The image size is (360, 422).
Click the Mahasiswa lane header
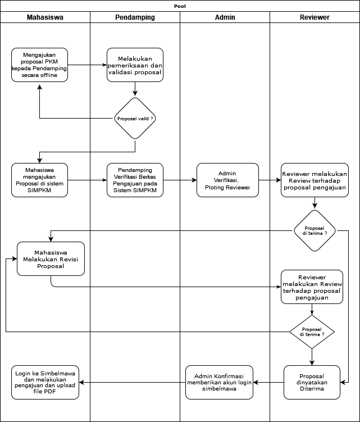coord(45,17)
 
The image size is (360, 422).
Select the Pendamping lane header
coord(135,17)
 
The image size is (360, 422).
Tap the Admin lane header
coord(225,17)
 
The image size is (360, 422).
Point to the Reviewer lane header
coord(315,17)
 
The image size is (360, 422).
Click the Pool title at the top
coord(180,6)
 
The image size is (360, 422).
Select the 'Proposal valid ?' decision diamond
coord(135,119)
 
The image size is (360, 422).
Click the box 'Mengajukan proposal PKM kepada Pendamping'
coord(39,65)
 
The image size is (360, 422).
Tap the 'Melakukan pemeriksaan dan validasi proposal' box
coord(135,65)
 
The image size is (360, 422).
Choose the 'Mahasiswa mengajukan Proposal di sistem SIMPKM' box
coord(39,180)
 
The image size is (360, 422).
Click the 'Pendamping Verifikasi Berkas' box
coord(135,180)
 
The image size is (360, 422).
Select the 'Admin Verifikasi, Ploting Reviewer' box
coord(227,180)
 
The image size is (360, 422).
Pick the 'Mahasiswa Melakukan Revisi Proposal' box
coord(51,258)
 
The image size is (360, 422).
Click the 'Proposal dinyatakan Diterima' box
coord(312,382)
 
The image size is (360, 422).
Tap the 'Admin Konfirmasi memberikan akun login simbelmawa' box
coord(219,382)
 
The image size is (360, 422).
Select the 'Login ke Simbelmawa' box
coord(45,382)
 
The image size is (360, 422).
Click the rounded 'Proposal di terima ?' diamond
coord(315,230)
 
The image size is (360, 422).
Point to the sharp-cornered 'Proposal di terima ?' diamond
coord(312,332)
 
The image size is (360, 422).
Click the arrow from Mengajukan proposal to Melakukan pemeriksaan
coord(87,65)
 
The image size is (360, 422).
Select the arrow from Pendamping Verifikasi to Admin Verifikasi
coord(180,180)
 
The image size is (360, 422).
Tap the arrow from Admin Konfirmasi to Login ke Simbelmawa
coord(133,382)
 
